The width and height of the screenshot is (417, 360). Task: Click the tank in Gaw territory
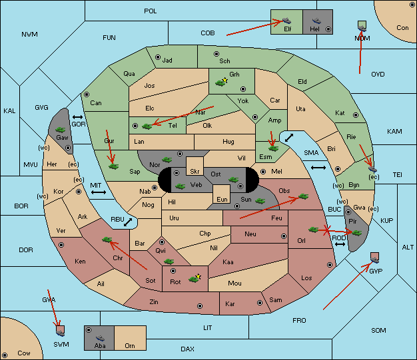click(x=61, y=130)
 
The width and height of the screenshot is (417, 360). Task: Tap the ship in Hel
click(x=316, y=21)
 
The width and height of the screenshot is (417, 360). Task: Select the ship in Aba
click(x=100, y=337)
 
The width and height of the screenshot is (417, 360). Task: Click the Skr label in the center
click(x=195, y=172)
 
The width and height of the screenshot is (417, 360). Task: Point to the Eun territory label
click(x=222, y=199)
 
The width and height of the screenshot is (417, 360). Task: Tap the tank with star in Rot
click(x=195, y=278)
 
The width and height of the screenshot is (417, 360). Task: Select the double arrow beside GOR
click(x=78, y=117)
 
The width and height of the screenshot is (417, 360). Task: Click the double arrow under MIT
click(x=99, y=192)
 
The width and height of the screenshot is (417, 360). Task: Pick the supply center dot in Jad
click(x=158, y=57)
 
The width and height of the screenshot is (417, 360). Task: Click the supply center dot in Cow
click(x=5, y=355)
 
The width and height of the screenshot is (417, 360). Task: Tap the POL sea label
click(x=151, y=11)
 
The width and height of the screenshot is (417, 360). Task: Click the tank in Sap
click(x=113, y=166)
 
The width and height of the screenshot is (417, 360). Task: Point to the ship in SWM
click(x=61, y=333)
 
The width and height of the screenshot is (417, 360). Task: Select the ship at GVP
click(x=375, y=260)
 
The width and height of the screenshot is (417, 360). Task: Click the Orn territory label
click(x=130, y=345)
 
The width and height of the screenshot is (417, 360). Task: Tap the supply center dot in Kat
click(x=356, y=115)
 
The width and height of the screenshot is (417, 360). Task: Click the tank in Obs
click(x=304, y=196)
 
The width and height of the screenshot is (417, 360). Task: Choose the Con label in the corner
click(x=402, y=28)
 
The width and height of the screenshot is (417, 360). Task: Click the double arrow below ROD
click(x=340, y=244)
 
